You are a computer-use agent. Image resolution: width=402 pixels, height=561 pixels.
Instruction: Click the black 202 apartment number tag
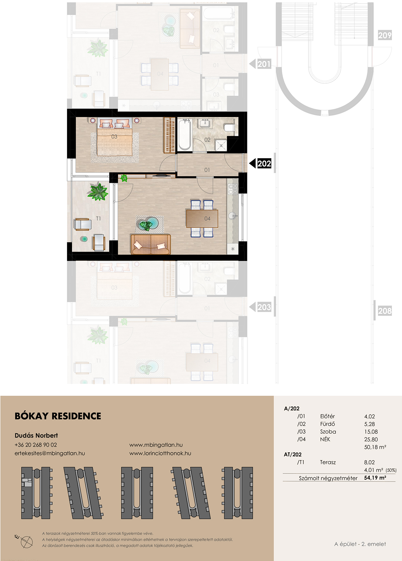[264, 164]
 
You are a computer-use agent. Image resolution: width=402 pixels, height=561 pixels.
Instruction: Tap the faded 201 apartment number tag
[264, 64]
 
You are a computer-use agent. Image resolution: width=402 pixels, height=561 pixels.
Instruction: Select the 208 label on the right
[385, 311]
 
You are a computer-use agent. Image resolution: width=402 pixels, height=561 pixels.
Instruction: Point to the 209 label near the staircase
[385, 35]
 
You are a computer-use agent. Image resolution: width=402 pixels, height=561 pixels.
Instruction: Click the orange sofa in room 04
[151, 244]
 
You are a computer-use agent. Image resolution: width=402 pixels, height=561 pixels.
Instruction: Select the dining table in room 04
[202, 219]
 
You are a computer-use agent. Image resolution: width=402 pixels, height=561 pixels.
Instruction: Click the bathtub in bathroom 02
[185, 135]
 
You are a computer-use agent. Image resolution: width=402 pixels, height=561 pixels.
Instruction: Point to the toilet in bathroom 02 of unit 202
[230, 127]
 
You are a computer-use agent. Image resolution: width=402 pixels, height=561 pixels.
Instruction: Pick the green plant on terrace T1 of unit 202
[98, 192]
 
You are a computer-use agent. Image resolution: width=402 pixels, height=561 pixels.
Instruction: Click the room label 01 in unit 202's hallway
[207, 170]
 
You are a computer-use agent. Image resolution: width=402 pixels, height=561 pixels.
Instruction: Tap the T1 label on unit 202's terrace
[98, 218]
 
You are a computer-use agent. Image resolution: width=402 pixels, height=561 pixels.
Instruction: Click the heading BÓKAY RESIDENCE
[58, 416]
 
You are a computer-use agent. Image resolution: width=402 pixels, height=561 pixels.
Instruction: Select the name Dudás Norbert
[36, 435]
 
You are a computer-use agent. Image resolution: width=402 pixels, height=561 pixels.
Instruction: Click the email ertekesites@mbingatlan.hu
[50, 453]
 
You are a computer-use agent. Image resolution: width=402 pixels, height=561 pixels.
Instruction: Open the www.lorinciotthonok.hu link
[160, 453]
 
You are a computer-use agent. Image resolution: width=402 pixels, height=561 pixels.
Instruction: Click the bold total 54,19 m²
[375, 478]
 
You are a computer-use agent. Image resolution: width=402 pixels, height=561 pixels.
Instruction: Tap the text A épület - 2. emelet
[360, 544]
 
